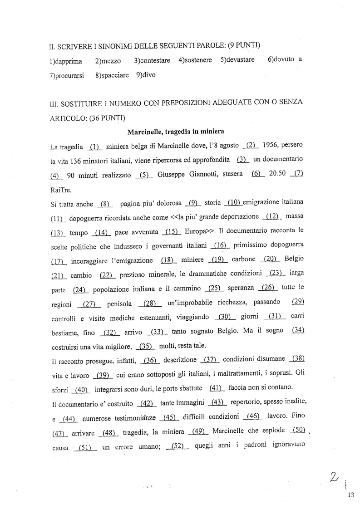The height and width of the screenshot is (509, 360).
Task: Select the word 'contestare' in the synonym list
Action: [x=155, y=60]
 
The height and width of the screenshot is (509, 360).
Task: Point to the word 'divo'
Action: [x=148, y=75]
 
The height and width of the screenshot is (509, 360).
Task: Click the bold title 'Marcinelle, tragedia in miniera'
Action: [x=176, y=132]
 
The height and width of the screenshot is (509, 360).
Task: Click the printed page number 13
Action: [x=350, y=495]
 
